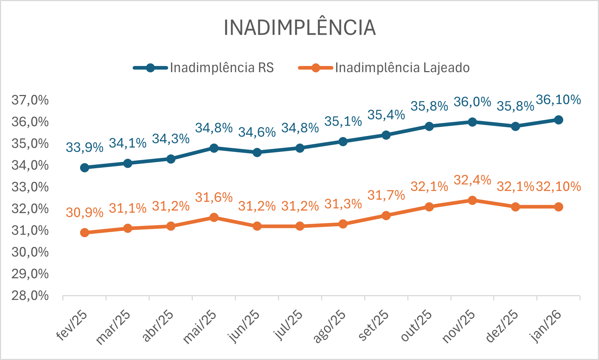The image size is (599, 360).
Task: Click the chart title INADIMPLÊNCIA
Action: tap(299, 28)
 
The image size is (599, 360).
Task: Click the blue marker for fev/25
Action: tap(84, 167)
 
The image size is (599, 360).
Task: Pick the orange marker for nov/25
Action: tap(472, 200)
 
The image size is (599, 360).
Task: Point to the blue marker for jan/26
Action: tap(558, 120)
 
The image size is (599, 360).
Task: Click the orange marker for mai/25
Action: tap(214, 218)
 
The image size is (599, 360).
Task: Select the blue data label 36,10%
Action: tap(558, 100)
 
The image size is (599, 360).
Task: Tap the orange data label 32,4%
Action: tap(472, 180)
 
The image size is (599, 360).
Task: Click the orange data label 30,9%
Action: tap(84, 213)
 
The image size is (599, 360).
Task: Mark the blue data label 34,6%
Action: tap(257, 132)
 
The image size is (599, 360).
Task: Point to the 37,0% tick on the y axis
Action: tap(30, 100)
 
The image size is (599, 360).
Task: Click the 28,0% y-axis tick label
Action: tap(30, 296)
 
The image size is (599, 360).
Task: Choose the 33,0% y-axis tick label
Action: tap(30, 187)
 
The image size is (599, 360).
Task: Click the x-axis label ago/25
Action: tap(330, 326)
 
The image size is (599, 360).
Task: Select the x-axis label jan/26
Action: tap(546, 326)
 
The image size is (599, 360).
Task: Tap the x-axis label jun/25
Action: tap(244, 326)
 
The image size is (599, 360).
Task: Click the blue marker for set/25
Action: tap(386, 135)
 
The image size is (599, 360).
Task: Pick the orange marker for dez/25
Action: tap(515, 207)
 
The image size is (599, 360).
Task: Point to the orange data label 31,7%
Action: tap(386, 195)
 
